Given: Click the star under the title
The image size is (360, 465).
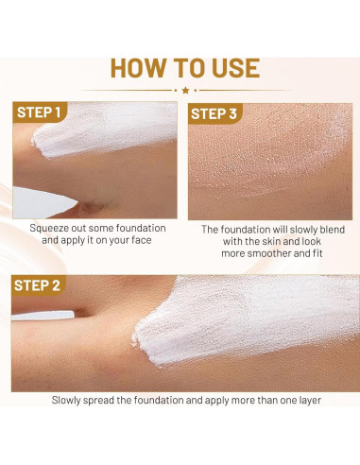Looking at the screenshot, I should point(184,90).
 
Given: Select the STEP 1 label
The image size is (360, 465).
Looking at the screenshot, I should point(42,113).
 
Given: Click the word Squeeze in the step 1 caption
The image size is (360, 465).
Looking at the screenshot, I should point(51,229).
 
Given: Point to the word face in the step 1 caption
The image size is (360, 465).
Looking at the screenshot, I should point(142,241).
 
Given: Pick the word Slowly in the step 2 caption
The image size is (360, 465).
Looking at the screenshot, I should point(69,400).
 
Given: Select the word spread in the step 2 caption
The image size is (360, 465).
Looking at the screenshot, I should point(111,400).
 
